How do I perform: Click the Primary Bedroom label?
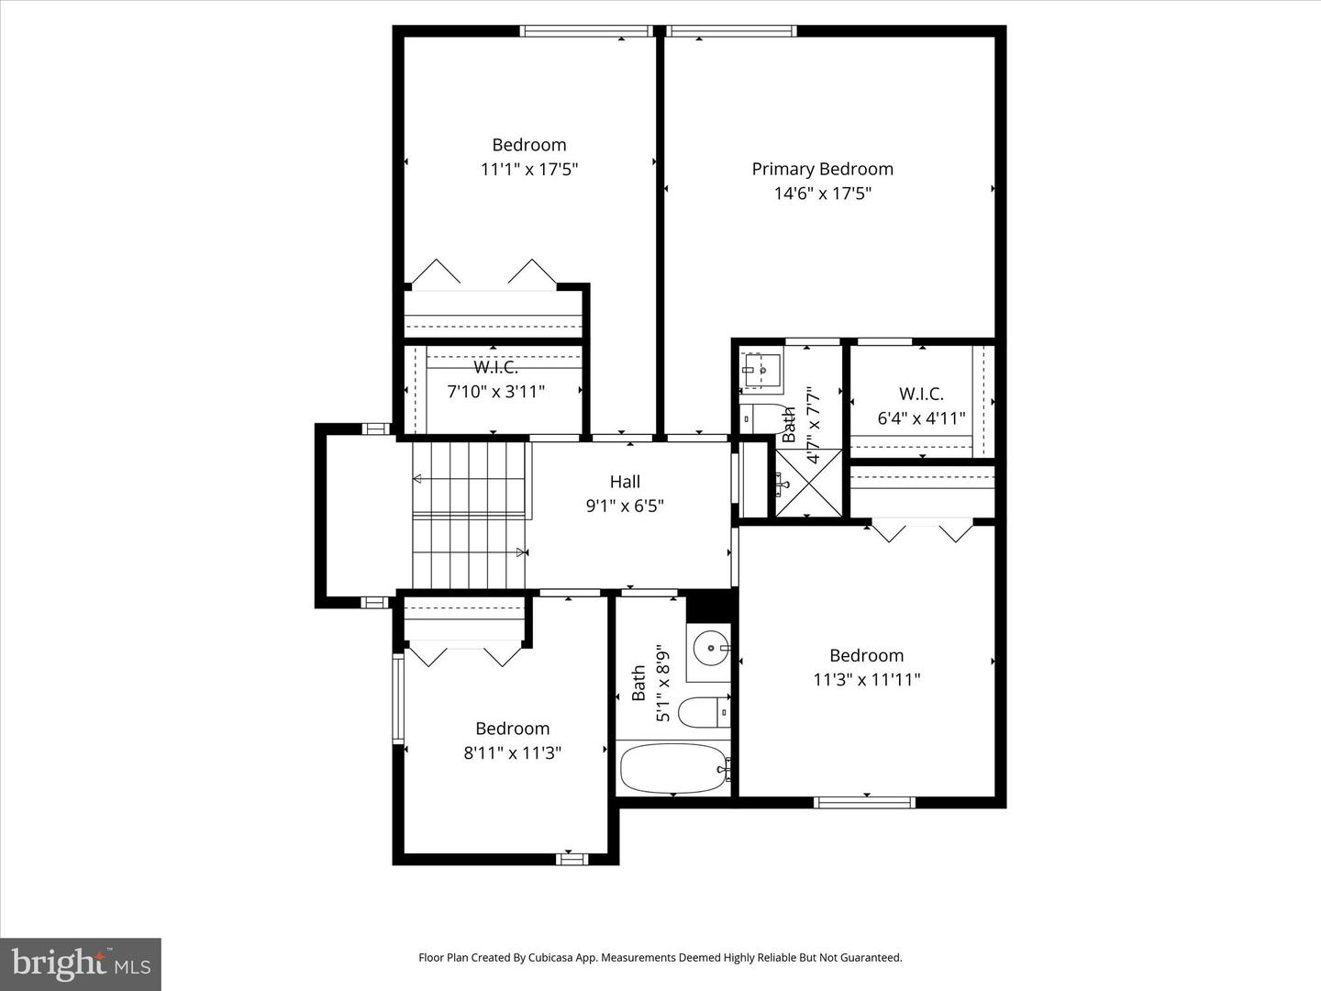point(822,169)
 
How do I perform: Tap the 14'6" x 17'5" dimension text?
point(822,194)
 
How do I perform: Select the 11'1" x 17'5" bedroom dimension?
point(529,170)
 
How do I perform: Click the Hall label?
point(625,482)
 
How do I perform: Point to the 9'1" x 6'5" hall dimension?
point(625,506)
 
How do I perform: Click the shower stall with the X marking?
point(808,483)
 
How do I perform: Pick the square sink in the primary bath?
point(760,371)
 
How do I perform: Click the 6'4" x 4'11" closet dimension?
point(921,419)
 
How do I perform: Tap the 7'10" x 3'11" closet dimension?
point(495,392)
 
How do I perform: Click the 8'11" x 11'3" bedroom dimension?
point(512,753)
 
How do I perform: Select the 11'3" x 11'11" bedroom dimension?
point(866,680)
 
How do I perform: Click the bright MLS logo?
point(81,963)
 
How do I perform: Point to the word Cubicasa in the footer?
point(553,958)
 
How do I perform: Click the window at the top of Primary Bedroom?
point(731,32)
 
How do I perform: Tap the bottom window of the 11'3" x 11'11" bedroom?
point(864,802)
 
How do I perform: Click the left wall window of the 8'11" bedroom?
point(398,698)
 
